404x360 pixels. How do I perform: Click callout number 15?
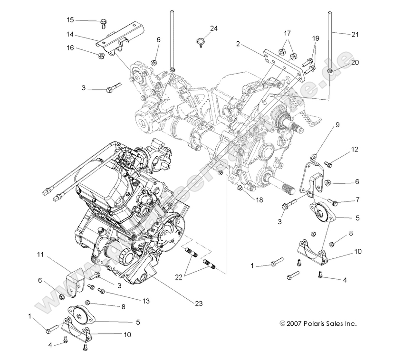coord(70,20)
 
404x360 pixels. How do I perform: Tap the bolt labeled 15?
coord(103,22)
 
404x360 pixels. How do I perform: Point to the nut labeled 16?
coord(101,57)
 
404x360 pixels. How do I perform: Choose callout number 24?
coord(214,28)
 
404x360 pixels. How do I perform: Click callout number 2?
coord(237,44)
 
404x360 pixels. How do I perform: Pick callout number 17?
coord(287,33)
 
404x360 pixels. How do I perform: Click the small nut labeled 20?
coord(330,71)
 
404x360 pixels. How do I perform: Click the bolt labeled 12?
coord(328,164)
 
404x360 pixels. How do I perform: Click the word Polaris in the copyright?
coord(310,324)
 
